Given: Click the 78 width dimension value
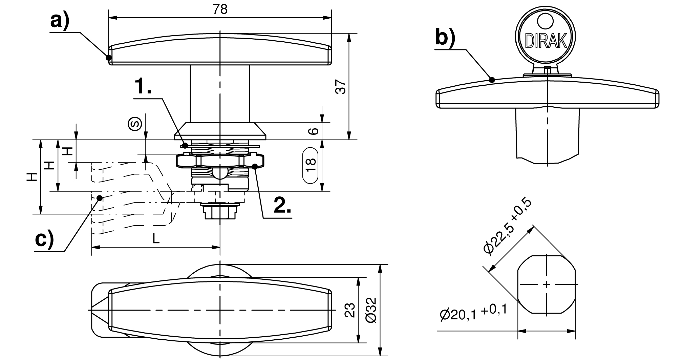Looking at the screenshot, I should [220, 9].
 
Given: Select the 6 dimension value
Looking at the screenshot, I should [315, 131].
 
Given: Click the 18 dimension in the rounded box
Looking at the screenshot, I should [311, 165].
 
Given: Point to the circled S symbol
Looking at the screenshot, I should [134, 124].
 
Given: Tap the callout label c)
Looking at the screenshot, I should [45, 239].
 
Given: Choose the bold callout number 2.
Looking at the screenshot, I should [282, 205].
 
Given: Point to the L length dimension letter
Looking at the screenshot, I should [155, 239].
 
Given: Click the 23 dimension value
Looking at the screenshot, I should [351, 310].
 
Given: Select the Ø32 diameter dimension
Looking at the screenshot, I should [371, 310].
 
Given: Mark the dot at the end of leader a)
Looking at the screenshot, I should [109, 57].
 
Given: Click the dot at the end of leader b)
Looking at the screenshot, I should [492, 80].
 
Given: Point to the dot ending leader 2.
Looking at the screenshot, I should [255, 166].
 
